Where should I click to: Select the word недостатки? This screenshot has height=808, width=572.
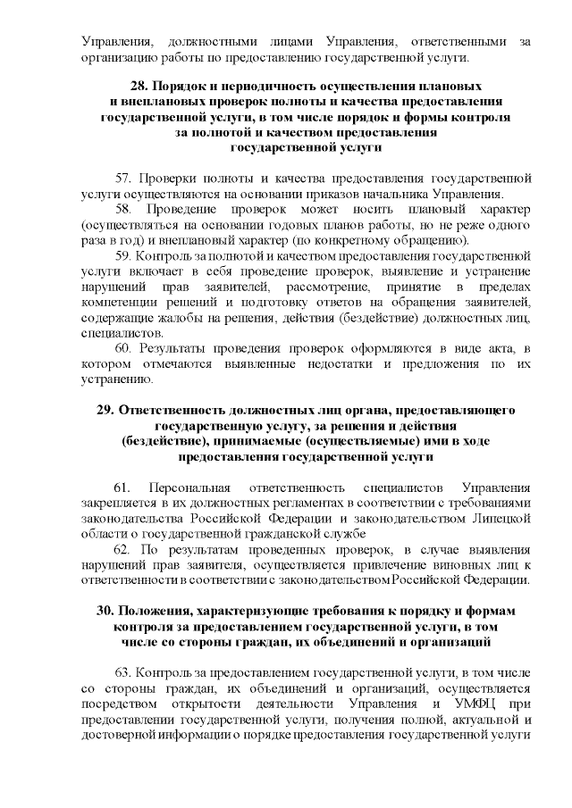tap(336, 362)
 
